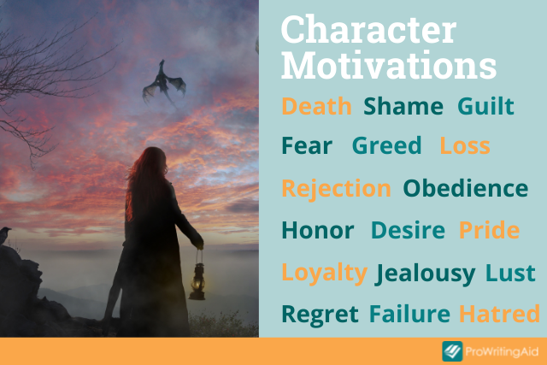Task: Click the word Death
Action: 316,106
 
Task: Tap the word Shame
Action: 403,106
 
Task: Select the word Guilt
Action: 485,106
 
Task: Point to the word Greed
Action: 387,145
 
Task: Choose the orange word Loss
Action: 465,145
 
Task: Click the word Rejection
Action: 336,190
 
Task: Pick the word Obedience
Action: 466,188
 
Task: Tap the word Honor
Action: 318,230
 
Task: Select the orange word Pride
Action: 489,230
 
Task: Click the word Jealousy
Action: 425,274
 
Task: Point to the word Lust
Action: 510,273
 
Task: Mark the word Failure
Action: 409,314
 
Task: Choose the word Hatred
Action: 499,314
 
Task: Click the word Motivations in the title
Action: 389,66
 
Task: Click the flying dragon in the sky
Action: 163,83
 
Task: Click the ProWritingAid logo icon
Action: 452,351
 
